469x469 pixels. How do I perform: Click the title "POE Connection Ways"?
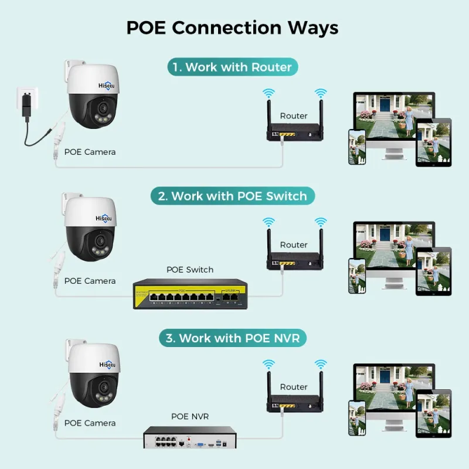click(232, 28)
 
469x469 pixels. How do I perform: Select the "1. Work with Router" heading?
click(233, 67)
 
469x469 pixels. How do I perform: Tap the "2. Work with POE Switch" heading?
click(233, 196)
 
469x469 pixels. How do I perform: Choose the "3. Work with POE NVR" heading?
click(234, 338)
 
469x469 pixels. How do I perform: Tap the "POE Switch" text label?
click(190, 270)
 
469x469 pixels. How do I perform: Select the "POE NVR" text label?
click(189, 416)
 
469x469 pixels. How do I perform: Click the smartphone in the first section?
click(357, 146)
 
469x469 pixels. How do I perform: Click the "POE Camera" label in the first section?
click(90, 152)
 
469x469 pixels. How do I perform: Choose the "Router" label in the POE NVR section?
click(294, 387)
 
